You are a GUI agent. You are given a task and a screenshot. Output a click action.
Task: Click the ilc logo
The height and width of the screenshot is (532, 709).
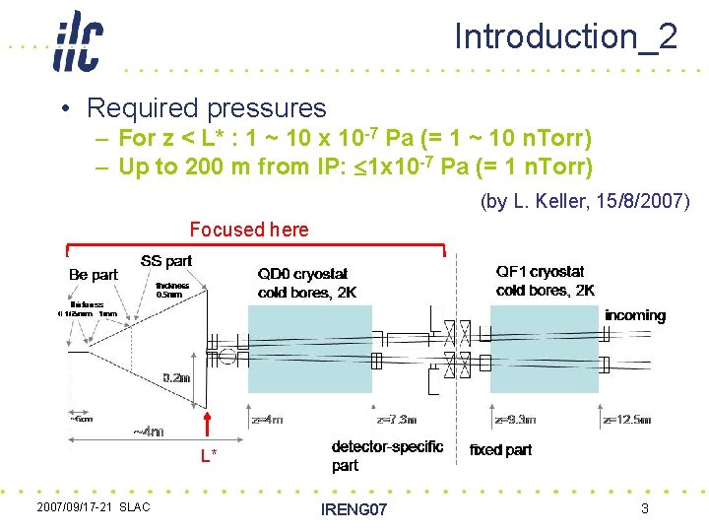78,41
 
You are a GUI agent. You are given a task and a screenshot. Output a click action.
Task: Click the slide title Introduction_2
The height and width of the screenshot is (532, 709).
565,36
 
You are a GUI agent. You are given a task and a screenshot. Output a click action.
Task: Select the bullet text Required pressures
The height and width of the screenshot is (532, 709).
206,107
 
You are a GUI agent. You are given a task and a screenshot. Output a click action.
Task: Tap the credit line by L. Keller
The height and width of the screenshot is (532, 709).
585,202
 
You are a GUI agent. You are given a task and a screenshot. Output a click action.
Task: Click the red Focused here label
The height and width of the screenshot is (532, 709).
249,230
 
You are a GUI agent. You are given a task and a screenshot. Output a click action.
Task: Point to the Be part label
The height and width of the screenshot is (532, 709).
94,275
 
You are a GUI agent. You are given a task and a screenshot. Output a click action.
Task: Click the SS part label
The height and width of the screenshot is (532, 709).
166,261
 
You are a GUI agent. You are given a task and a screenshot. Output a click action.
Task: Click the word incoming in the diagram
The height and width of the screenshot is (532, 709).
635,315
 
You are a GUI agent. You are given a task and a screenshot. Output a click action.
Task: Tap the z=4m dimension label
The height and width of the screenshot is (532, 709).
268,419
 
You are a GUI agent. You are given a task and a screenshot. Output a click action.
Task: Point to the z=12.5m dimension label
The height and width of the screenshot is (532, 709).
626,419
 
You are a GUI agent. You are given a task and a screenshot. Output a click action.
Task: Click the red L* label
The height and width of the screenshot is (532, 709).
209,455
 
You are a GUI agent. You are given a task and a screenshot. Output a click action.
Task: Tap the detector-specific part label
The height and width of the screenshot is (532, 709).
387,455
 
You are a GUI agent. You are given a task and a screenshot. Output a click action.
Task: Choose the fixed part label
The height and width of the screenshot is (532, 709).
500,450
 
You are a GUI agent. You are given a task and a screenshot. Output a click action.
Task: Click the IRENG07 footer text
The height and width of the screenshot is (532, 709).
354,509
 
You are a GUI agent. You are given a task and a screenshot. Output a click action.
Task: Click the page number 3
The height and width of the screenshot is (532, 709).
644,508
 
